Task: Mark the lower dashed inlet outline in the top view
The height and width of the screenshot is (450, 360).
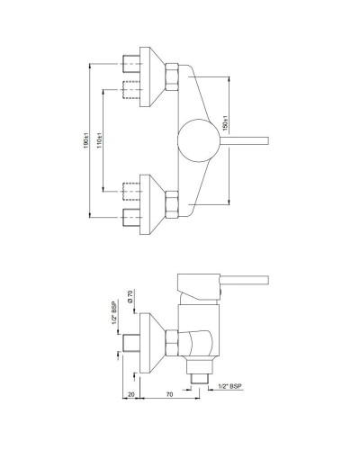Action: (134, 192)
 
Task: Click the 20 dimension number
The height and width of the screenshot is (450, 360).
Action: (132, 393)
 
